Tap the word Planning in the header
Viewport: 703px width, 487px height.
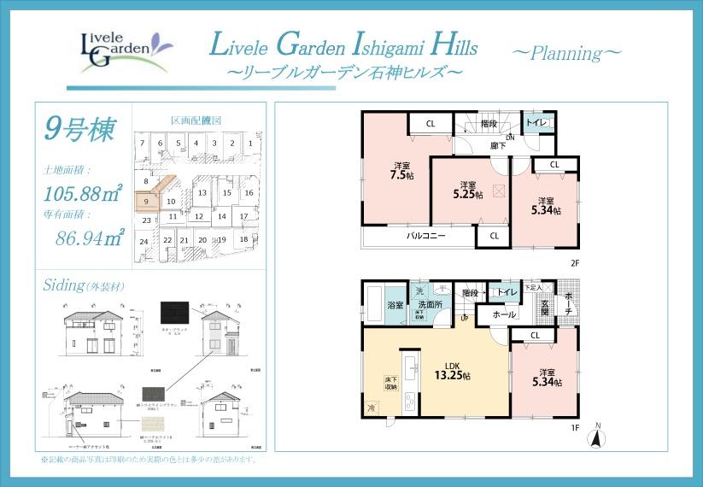566,52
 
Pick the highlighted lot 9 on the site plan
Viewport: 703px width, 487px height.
147,202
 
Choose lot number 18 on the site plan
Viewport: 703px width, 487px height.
244,239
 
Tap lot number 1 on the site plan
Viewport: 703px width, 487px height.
249,144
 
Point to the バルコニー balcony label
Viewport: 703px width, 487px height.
425,236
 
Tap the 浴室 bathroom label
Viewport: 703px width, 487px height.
395,304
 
